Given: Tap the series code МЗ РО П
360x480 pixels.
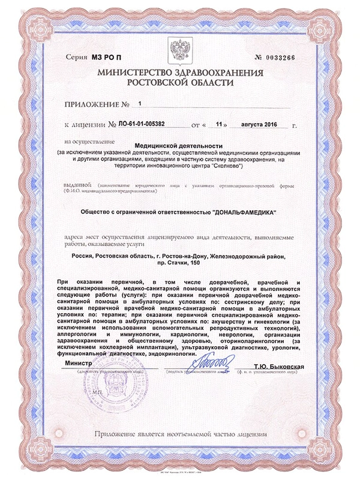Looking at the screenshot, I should pyautogui.click(x=107, y=58).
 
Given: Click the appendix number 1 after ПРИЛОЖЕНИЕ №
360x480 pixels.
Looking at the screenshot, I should pyautogui.click(x=140, y=103).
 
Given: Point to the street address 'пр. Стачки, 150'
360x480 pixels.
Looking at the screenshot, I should pyautogui.click(x=178, y=263).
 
